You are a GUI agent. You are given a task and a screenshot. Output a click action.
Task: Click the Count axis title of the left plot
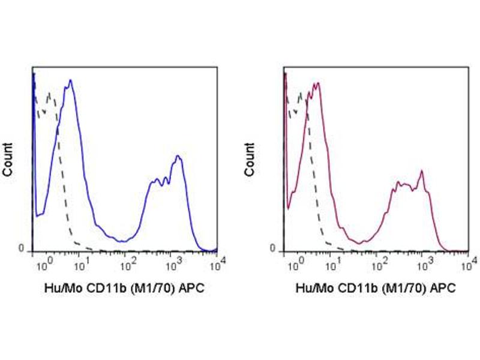(8, 160)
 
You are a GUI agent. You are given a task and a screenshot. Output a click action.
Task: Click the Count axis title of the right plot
(250, 160)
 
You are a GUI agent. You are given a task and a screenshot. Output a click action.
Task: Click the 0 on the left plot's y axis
(21, 248)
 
